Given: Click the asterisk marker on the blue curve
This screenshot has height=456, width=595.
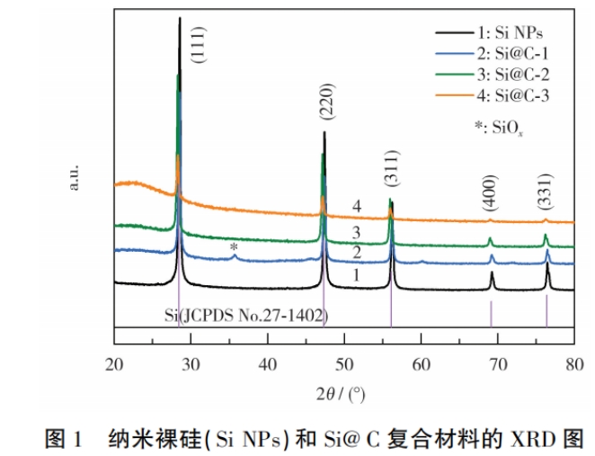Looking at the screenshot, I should tap(234, 247).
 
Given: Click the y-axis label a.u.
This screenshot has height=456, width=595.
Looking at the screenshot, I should tap(75, 175).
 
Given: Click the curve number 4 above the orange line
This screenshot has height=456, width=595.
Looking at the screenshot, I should tap(357, 208).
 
